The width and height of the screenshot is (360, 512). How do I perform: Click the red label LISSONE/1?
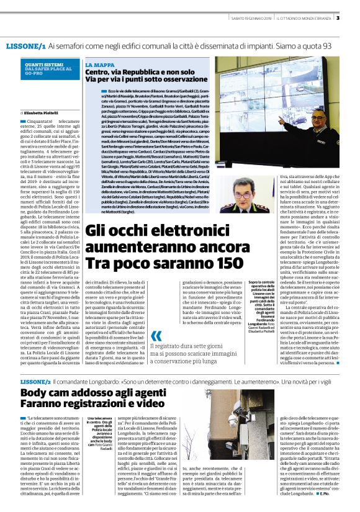click(x=25, y=47)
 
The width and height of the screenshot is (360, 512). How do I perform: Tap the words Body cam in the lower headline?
click(x=52, y=393)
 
